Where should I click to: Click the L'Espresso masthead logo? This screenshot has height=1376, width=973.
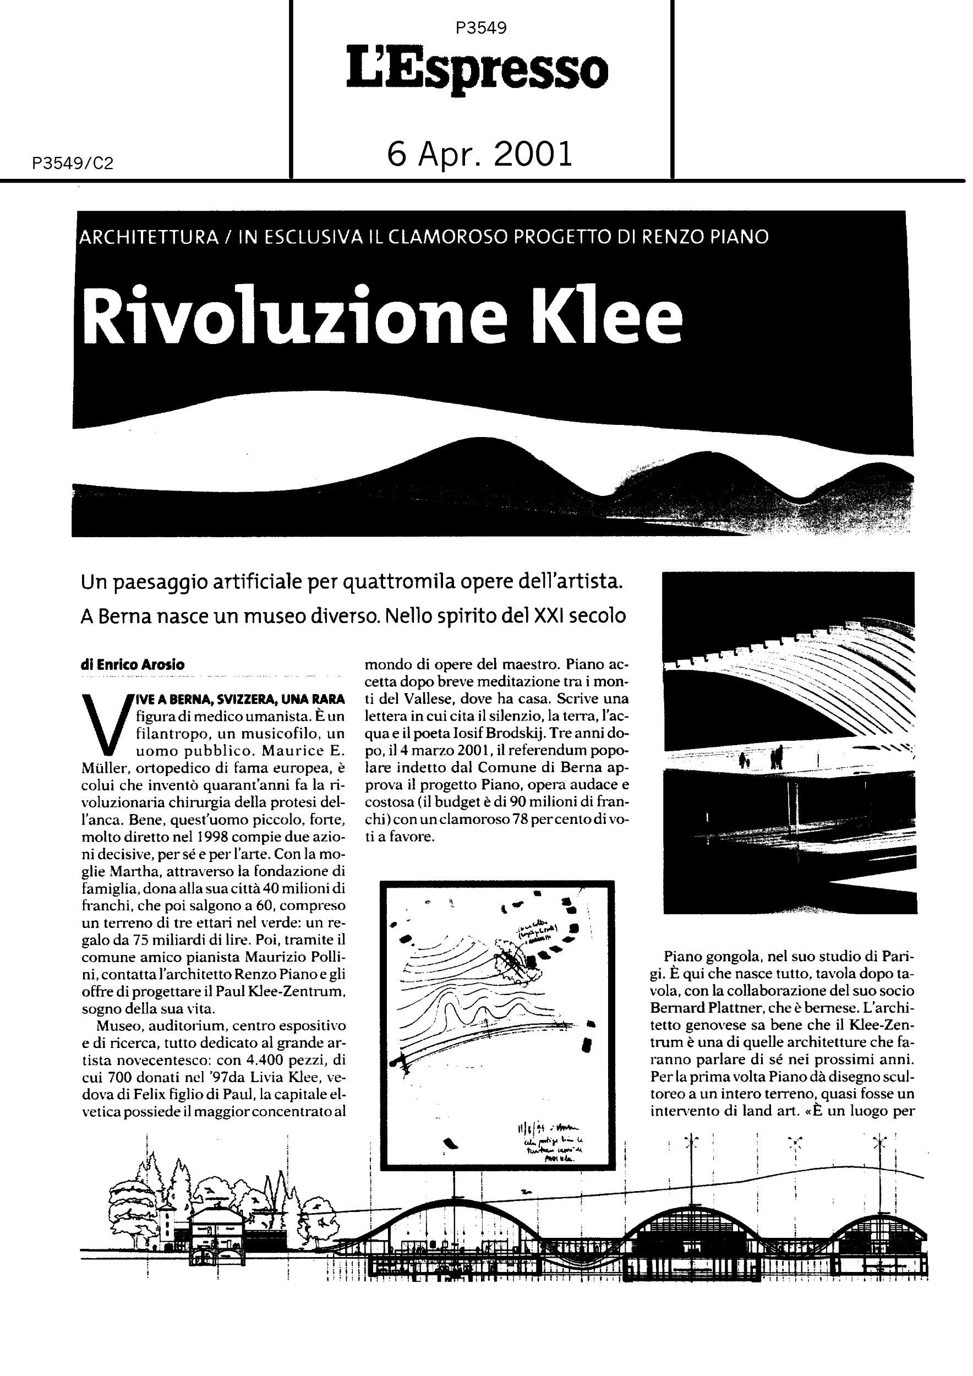tap(477, 70)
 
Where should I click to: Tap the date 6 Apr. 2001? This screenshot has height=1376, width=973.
tap(480, 154)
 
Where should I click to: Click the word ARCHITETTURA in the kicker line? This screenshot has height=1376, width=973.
tap(149, 238)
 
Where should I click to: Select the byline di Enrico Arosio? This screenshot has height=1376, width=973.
tap(133, 665)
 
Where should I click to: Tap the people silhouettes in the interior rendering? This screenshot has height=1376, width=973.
tap(761, 758)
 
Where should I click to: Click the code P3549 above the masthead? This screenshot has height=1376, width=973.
tap(480, 28)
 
